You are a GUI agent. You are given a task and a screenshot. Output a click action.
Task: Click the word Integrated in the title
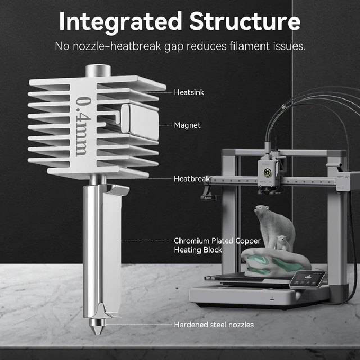[x=120, y=22]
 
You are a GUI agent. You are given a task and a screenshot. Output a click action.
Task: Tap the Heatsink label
[x=189, y=92]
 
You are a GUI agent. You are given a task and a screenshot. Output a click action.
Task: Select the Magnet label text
[x=187, y=125]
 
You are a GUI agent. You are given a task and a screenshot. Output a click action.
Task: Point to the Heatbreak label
[x=192, y=179]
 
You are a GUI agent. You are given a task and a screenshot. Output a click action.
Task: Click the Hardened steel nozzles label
[x=214, y=325]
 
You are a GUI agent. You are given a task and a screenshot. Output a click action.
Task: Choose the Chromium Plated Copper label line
[x=218, y=241]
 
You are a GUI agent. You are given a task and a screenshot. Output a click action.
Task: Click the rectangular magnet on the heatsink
[x=140, y=121]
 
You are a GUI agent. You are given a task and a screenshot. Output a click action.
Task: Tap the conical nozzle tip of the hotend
[x=98, y=327]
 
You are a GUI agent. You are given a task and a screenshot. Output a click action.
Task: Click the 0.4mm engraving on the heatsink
[x=83, y=127]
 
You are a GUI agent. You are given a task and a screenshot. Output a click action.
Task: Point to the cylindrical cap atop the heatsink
[x=98, y=70]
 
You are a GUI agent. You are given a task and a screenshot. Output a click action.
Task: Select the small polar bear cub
[x=284, y=242]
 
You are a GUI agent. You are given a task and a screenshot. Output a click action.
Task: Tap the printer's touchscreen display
[x=308, y=280]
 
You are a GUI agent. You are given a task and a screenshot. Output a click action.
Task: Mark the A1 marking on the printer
[x=347, y=177]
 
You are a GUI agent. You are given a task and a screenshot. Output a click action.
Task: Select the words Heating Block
[x=198, y=250]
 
